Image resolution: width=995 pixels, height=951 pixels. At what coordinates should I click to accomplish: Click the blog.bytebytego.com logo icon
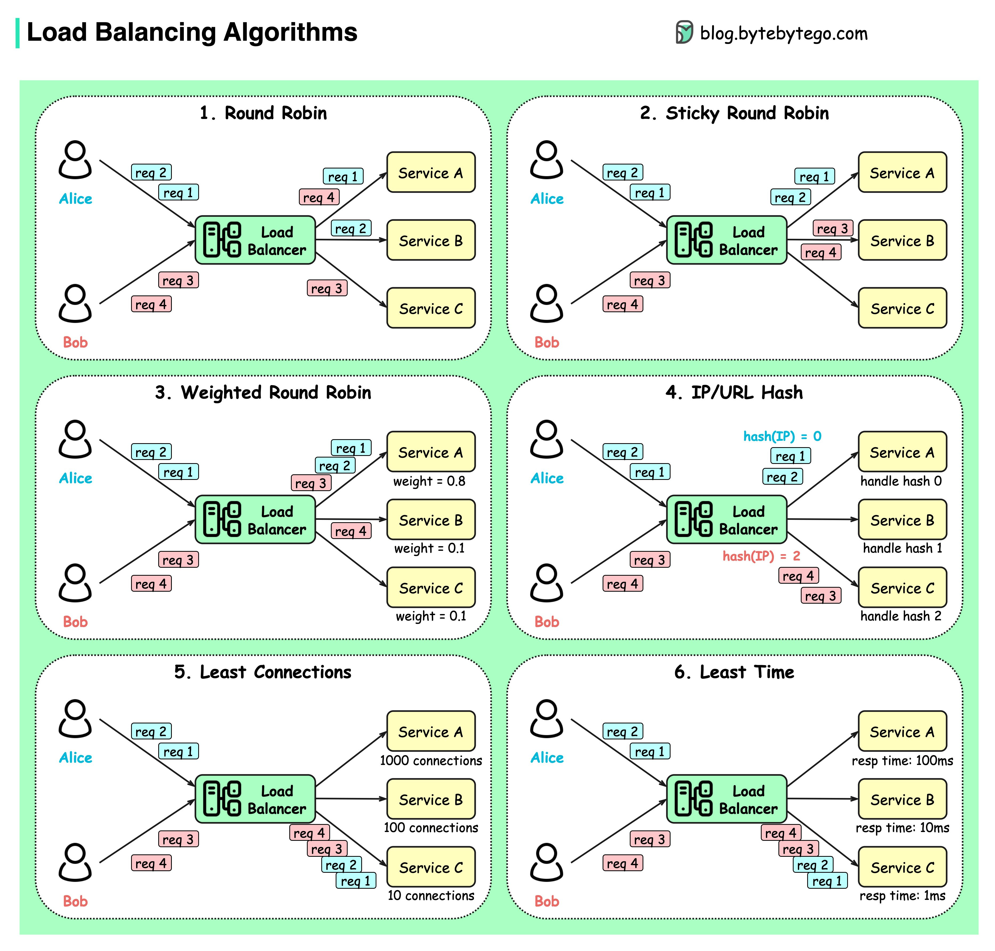click(684, 32)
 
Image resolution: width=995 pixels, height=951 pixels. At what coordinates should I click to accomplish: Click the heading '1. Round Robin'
click(263, 113)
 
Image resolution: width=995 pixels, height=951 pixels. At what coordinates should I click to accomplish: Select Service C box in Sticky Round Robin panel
click(902, 308)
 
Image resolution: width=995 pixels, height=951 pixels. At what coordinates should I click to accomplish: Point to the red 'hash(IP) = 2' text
click(761, 556)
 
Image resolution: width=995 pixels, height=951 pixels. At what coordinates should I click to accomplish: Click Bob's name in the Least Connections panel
click(75, 901)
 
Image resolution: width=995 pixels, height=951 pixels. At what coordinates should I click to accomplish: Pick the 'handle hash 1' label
click(902, 548)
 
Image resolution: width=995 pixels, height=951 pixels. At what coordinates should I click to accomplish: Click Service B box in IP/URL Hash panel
click(902, 520)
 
